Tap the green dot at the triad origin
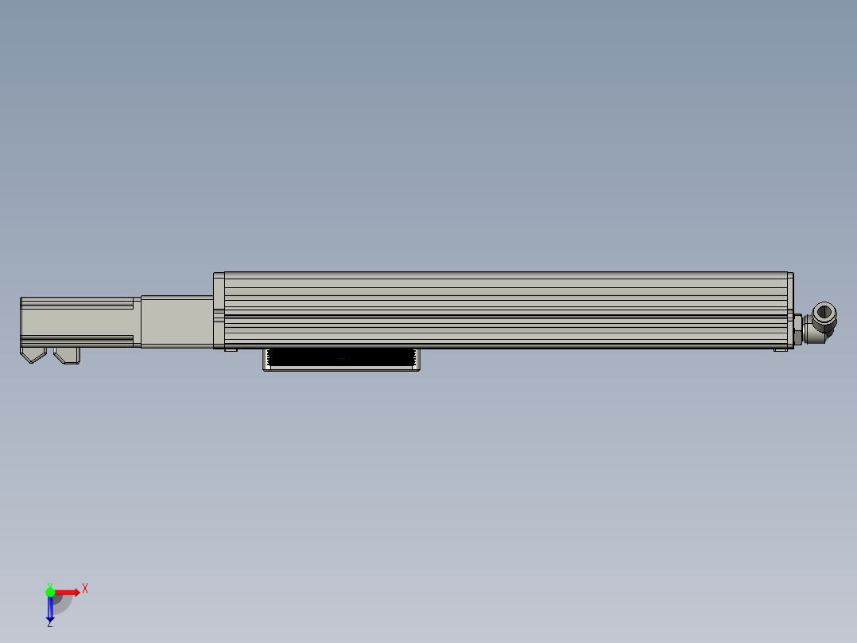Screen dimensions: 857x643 (x=50, y=592)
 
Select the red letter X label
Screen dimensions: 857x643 (x=85, y=589)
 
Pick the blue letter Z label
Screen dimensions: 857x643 (x=50, y=624)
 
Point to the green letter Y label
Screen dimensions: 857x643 (x=50, y=586)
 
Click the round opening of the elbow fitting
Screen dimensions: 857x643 (x=824, y=314)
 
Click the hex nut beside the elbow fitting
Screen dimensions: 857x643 (x=797, y=329)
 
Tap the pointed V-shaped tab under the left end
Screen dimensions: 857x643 (x=33, y=355)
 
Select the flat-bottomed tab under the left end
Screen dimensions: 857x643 (x=68, y=355)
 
